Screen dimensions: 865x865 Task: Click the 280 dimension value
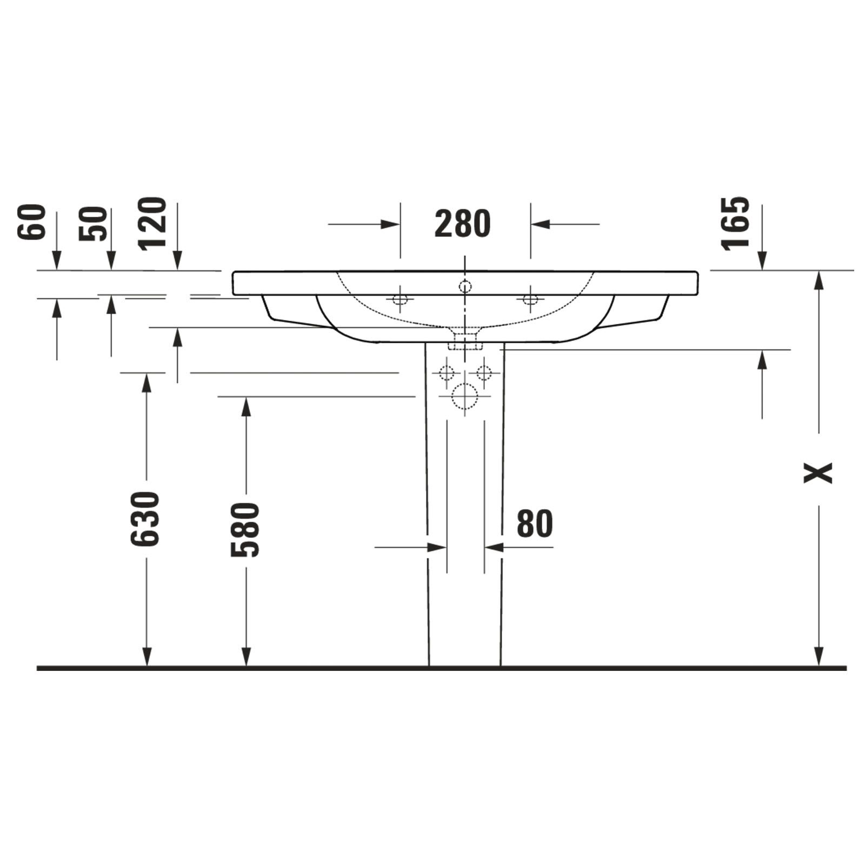coord(462,224)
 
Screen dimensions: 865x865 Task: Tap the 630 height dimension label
coord(146,518)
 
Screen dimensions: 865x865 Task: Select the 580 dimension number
coord(245,530)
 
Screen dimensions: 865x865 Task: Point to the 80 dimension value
coord(535,523)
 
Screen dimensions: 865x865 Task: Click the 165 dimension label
coord(736,223)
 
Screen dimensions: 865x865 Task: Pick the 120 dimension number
coord(152,223)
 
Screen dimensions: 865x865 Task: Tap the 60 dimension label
coord(31,222)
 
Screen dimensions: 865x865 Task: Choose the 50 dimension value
coord(93,224)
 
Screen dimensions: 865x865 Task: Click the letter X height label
coord(818,472)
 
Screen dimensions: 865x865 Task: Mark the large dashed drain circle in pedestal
coord(465,396)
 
